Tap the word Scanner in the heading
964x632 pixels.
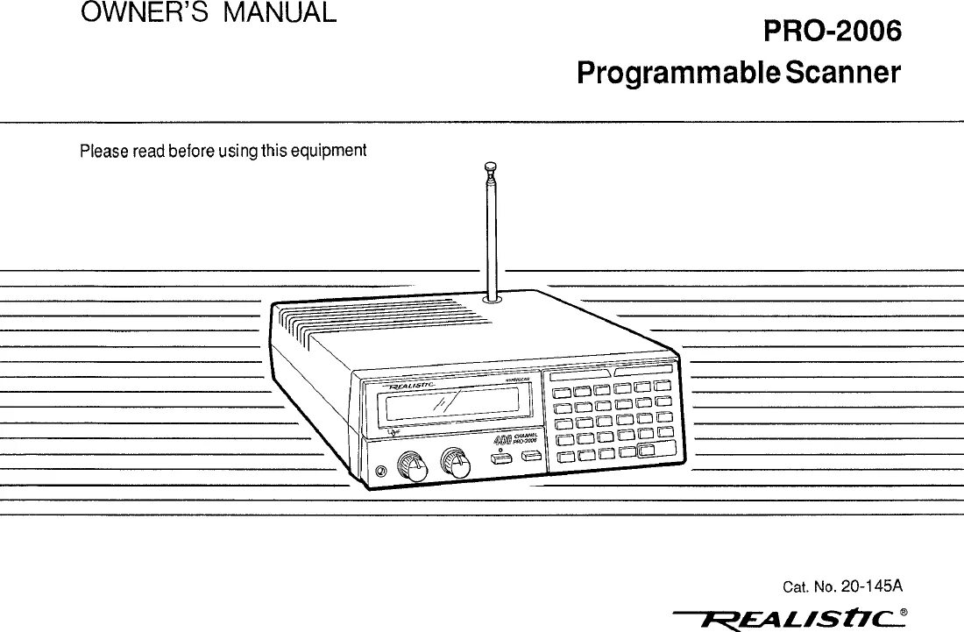842,72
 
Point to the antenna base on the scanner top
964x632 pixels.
491,299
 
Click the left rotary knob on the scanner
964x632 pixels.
410,465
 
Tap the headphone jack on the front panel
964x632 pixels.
379,472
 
